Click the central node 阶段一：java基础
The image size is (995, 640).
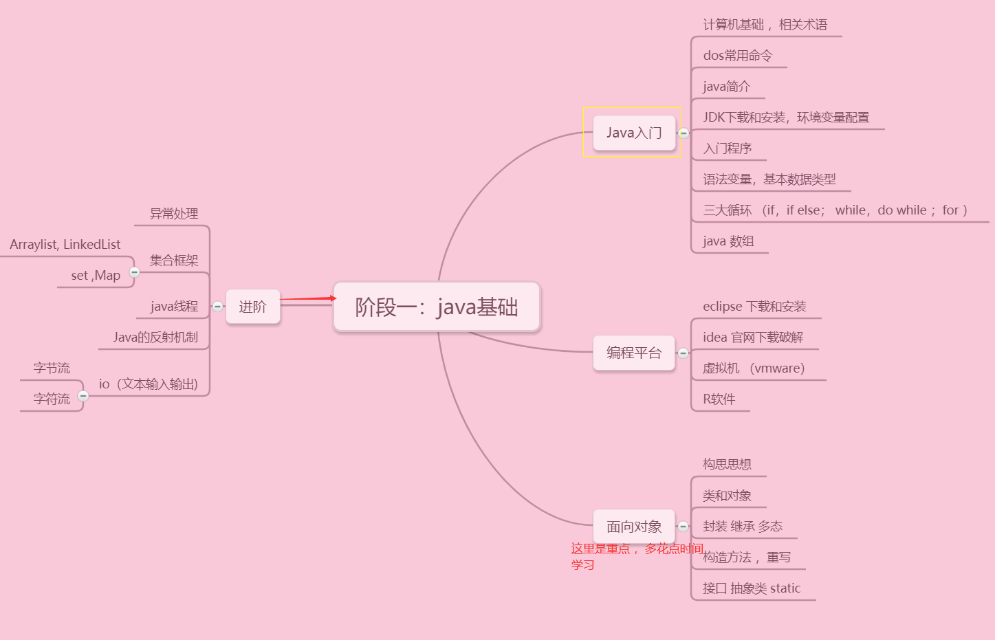coord(437,307)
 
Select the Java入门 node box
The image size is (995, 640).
coord(634,133)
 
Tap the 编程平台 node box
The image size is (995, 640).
coord(634,353)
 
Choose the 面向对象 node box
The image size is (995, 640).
coord(634,527)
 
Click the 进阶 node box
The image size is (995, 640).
coord(252,307)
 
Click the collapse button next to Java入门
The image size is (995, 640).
coord(684,133)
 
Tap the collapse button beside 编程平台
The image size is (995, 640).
coord(683,353)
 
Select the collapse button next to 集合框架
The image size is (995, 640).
coord(135,272)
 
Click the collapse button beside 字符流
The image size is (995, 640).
coord(83,396)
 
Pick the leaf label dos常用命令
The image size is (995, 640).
coord(738,56)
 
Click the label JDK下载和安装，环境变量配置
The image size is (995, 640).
coord(786,118)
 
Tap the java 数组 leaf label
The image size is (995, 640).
coord(728,241)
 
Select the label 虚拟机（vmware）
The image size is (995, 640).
coord(754,368)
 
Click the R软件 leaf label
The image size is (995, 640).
coord(719,399)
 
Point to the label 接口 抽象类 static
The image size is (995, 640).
coord(752,588)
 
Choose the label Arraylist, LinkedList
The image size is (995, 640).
coord(65,245)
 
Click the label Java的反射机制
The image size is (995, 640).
coord(155,338)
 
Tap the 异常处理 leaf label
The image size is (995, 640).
coord(174,214)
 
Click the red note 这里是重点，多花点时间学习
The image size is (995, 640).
coord(636,556)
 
